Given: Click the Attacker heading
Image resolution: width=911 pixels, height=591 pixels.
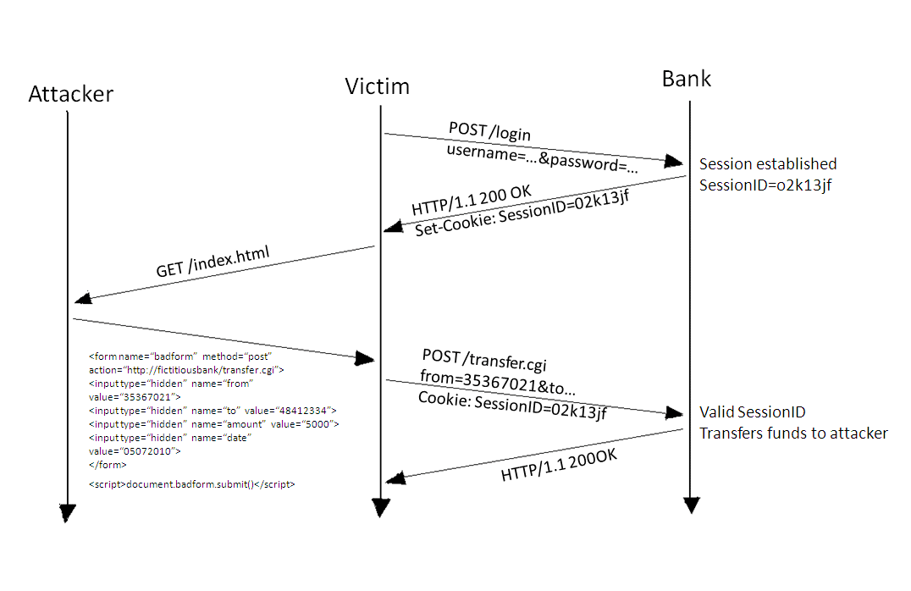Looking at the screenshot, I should [x=71, y=94].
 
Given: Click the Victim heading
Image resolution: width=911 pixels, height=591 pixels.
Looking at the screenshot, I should [x=377, y=86].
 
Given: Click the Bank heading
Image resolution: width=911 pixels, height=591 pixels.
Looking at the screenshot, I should [x=687, y=80].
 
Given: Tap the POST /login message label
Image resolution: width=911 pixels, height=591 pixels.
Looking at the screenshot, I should [x=489, y=133].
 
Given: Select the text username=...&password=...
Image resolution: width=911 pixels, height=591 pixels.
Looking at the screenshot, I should [x=541, y=157].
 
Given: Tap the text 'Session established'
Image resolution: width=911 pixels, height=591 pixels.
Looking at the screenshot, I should [x=768, y=164].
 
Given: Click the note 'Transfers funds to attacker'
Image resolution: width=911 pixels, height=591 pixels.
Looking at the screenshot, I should [x=793, y=434].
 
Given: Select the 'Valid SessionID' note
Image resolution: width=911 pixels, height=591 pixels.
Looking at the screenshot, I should [x=753, y=412].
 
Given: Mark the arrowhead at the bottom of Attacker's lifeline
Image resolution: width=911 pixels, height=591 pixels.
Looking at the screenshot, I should [x=67, y=513].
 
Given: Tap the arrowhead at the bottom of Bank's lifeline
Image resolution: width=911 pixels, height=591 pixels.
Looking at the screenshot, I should [x=692, y=505].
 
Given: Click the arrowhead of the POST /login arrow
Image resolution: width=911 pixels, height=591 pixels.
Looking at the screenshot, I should [x=675, y=161].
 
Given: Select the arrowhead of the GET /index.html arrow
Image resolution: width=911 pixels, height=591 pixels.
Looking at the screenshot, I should [x=83, y=298].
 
